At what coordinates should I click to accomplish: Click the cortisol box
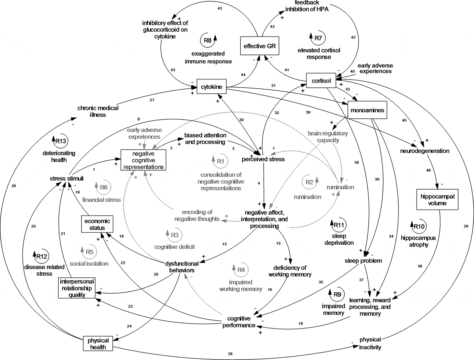point(321,81)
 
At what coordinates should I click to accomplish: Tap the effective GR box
point(260,46)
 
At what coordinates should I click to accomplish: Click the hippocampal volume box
point(437,200)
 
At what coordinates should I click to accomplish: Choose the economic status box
point(97,224)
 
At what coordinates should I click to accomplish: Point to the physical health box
point(98,343)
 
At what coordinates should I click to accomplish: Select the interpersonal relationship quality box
point(76,288)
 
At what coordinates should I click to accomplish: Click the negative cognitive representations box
point(143,160)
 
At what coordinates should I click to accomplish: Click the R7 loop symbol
point(318,38)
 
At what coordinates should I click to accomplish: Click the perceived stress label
point(263,159)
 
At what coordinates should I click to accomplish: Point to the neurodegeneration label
point(425,151)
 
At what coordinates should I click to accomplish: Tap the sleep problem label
point(363,261)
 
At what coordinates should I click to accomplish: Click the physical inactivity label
point(370,343)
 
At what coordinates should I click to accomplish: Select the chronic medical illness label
point(98,111)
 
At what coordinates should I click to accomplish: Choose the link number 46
point(428,170)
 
